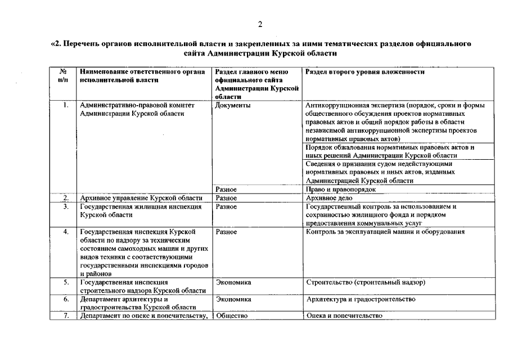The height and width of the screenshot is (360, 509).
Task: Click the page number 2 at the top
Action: click(x=260, y=24)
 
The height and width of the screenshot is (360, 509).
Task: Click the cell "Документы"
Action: click(x=233, y=105)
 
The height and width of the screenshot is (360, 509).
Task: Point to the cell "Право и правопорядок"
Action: click(x=340, y=190)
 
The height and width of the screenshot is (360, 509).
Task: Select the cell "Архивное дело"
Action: click(x=328, y=198)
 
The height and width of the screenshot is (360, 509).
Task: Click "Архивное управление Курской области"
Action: click(x=141, y=198)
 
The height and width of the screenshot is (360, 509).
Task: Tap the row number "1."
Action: click(x=66, y=105)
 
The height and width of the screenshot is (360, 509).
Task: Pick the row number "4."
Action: click(x=66, y=232)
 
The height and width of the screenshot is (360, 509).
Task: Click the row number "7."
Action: click(x=66, y=316)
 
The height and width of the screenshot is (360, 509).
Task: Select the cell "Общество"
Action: click(x=232, y=316)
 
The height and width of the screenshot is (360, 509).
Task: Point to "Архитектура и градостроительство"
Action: click(x=361, y=299)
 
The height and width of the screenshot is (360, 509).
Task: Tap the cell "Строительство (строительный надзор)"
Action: click(x=366, y=282)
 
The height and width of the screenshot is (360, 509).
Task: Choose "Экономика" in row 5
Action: click(x=233, y=282)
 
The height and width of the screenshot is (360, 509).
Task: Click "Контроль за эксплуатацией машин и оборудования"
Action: click(x=385, y=232)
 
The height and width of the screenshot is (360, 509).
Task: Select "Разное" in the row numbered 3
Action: click(x=226, y=206)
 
